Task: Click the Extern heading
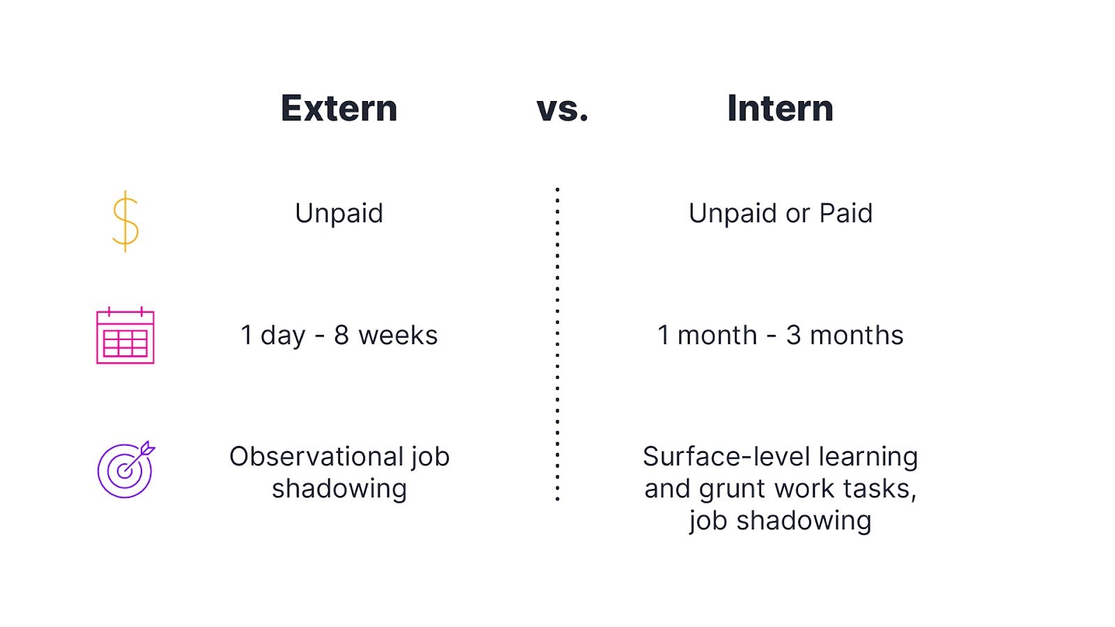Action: [x=339, y=109]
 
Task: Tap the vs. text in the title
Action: [x=562, y=109]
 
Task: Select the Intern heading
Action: [x=780, y=109]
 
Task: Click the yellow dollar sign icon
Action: [x=125, y=221]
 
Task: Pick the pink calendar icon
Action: [x=125, y=336]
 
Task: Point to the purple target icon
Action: [x=125, y=470]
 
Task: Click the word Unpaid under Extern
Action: [x=339, y=213]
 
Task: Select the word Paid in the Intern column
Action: [x=845, y=213]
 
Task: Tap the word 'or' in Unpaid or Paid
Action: [x=797, y=214]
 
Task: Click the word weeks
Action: [x=398, y=336]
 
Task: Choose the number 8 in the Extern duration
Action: [x=341, y=336]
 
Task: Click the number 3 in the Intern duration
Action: [x=793, y=336]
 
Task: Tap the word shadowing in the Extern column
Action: [x=339, y=489]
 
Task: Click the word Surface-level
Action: [x=726, y=457]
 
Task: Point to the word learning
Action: [x=868, y=458]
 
